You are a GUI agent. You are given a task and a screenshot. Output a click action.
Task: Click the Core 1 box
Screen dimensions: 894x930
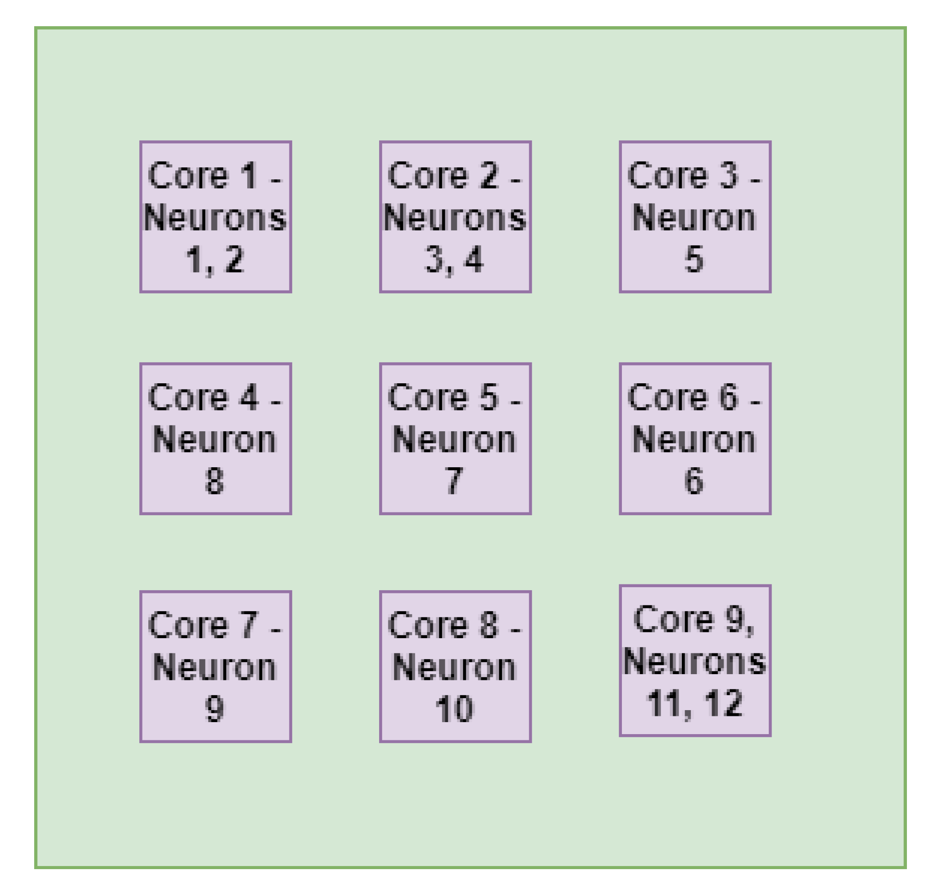[215, 216]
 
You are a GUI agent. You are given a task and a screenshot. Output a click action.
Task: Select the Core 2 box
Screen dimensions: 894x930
[455, 216]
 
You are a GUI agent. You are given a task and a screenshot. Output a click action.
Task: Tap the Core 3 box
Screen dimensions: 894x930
[695, 216]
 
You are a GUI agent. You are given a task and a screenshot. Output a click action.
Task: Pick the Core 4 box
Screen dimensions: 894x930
[215, 439]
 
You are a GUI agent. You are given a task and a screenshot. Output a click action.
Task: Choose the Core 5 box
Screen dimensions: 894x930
[455, 439]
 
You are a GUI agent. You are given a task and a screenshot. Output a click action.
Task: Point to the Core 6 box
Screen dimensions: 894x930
[695, 439]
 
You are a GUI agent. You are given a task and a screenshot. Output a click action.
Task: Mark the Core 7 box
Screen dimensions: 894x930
[215, 666]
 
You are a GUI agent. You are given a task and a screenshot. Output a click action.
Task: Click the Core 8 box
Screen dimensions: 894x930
[455, 666]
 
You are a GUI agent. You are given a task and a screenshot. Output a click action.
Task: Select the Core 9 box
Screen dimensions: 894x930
[695, 660]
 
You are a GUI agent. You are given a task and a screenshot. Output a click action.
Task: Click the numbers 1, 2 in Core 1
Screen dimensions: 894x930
[215, 259]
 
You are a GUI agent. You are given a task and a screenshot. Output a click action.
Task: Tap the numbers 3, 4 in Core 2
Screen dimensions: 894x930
[454, 259]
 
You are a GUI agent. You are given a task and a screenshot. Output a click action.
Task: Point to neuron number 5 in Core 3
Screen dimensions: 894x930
[694, 259]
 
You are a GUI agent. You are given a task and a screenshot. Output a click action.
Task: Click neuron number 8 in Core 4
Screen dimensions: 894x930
[214, 481]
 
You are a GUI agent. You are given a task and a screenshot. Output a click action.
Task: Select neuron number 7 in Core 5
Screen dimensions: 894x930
[454, 481]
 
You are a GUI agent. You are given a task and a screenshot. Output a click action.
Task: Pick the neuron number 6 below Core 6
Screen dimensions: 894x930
[694, 481]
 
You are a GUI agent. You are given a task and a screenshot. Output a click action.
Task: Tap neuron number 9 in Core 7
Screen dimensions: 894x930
[214, 709]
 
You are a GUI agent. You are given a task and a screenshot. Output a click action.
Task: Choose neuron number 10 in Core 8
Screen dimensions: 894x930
[454, 709]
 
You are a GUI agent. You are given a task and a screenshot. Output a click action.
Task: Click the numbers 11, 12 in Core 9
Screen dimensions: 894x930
[694, 703]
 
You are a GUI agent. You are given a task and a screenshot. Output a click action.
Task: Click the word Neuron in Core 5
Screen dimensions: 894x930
[454, 439]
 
